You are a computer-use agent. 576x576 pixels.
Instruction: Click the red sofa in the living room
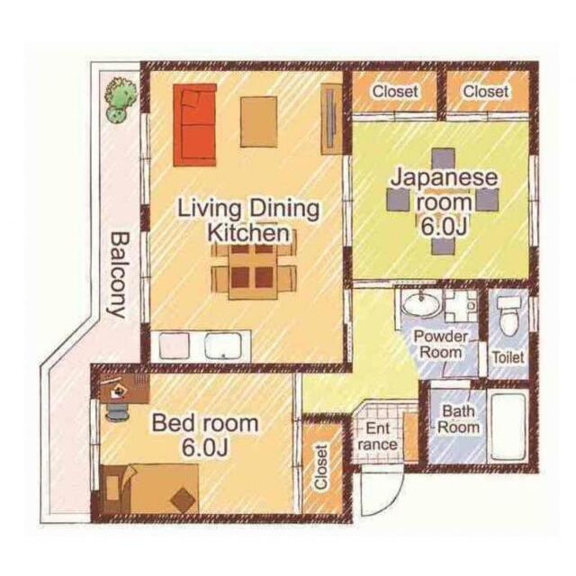coord(194,125)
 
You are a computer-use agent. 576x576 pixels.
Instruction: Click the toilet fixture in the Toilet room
coord(509,315)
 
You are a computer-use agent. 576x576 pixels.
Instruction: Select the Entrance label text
coord(378,436)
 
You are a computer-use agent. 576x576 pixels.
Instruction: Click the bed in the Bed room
coord(150,489)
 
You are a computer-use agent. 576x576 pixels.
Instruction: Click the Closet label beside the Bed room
coord(320,467)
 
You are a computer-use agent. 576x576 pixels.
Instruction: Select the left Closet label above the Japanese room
coord(395,92)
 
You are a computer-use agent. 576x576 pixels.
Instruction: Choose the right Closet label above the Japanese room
coord(486,92)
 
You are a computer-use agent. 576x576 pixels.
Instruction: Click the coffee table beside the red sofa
coord(258,122)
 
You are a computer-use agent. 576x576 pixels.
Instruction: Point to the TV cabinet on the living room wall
coord(332,120)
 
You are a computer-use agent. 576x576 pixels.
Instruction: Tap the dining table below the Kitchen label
coord(252,272)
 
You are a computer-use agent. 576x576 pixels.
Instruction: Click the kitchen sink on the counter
coord(223,346)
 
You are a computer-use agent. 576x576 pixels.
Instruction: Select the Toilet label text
coord(508,357)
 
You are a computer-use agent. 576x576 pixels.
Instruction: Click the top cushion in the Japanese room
coord(444,158)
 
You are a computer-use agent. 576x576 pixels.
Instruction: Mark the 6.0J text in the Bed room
coord(204,447)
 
